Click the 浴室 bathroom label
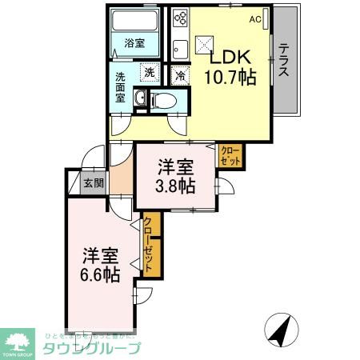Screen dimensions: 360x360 [x=134, y=43]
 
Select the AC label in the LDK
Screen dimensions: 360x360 [x=255, y=18]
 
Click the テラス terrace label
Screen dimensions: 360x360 [x=285, y=60]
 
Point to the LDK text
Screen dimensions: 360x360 [x=231, y=58]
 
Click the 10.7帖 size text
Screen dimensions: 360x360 [x=231, y=77]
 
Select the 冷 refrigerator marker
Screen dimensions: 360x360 [x=180, y=77]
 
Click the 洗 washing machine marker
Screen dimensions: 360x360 [x=149, y=74]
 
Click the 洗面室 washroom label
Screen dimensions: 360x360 [x=121, y=88]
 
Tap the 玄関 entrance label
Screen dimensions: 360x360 [x=93, y=182]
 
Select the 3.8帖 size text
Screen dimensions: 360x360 [x=175, y=186]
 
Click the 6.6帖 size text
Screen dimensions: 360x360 [x=101, y=274]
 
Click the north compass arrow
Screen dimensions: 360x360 [x=279, y=329]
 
